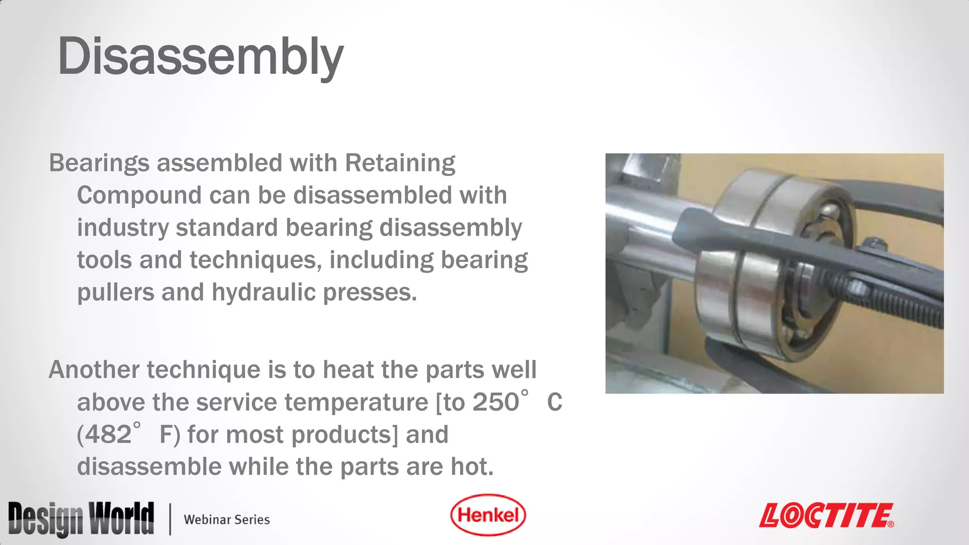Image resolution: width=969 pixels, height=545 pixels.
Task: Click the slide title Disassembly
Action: click(x=200, y=57)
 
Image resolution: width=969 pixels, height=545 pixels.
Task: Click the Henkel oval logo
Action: click(x=488, y=515)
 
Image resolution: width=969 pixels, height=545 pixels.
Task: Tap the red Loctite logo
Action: click(x=826, y=516)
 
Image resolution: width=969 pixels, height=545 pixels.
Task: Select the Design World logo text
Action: click(x=81, y=519)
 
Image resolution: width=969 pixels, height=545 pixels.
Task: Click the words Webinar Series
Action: click(x=227, y=519)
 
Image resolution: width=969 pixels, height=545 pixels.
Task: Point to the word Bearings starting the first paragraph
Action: click(x=99, y=163)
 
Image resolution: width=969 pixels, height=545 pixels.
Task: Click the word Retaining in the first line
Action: click(x=400, y=163)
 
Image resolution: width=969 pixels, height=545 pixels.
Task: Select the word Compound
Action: click(x=140, y=195)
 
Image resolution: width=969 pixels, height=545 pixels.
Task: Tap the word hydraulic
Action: click(x=263, y=292)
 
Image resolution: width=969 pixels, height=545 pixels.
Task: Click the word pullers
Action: click(x=115, y=292)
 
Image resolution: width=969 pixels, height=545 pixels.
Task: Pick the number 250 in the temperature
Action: click(x=495, y=403)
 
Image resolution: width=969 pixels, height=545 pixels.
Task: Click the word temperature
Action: click(x=356, y=403)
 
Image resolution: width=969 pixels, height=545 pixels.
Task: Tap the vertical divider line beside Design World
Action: click(x=170, y=519)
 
